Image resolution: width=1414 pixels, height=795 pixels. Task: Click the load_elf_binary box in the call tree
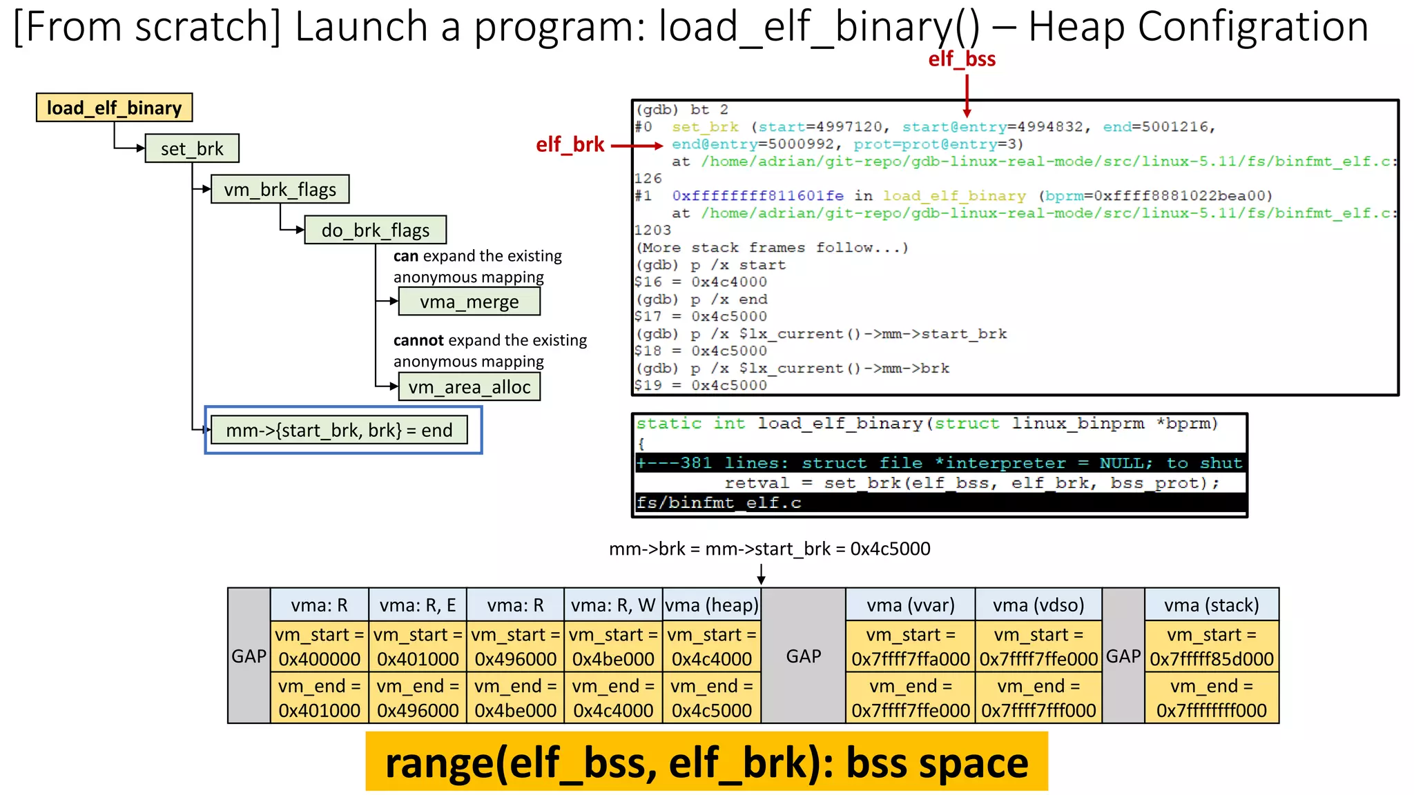[x=114, y=108]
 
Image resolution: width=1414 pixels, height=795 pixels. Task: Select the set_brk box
[x=192, y=148]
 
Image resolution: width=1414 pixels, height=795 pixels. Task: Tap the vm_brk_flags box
[x=280, y=189]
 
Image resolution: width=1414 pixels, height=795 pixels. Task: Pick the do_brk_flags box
[x=375, y=230]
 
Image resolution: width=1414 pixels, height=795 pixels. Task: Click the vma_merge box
[x=469, y=302]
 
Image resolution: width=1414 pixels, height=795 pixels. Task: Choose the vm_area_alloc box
[x=469, y=387]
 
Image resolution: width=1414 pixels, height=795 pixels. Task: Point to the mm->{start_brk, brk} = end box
[x=338, y=430]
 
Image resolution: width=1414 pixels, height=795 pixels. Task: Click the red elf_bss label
[x=962, y=59]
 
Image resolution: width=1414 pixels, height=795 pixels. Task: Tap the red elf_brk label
[x=570, y=145]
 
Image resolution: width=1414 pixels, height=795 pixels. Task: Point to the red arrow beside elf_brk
[x=637, y=146]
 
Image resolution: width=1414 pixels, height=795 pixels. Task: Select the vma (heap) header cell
[x=712, y=605]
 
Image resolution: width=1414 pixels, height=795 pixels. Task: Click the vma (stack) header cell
[x=1211, y=605]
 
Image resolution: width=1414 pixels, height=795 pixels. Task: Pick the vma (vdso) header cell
[x=1038, y=605]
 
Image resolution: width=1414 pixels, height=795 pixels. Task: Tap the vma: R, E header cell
[x=418, y=605]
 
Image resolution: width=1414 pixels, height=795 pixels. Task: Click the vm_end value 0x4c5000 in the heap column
[x=712, y=710]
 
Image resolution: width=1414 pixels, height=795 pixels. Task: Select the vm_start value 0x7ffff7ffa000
[x=911, y=659]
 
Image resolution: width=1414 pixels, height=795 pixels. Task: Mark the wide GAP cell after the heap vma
[x=803, y=656]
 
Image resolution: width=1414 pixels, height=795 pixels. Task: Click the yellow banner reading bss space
[x=706, y=762]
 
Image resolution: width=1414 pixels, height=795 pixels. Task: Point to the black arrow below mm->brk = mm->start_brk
[x=761, y=574]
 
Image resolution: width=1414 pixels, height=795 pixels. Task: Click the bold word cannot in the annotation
[x=418, y=340]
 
